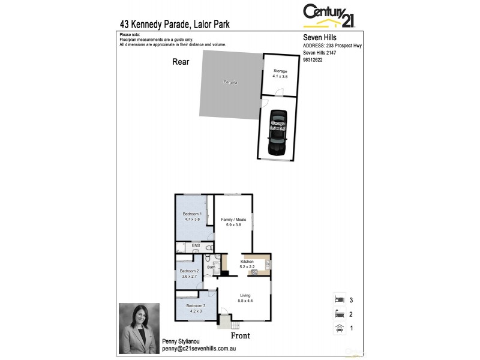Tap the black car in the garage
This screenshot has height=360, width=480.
278,133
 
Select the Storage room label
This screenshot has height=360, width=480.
280,71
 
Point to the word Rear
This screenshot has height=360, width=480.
181,61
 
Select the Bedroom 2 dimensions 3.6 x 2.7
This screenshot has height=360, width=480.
190,276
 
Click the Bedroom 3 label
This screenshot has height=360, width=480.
195,306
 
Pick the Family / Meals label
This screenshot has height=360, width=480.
233,220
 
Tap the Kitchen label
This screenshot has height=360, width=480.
247,262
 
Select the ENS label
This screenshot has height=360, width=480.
195,246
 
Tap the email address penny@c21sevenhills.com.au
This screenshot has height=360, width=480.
196,348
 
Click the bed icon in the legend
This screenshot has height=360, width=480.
339,298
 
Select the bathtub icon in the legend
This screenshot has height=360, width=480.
339,313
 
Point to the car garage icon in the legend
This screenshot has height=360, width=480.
339,328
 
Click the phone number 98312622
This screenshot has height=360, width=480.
313,60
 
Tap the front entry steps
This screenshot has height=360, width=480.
223,322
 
